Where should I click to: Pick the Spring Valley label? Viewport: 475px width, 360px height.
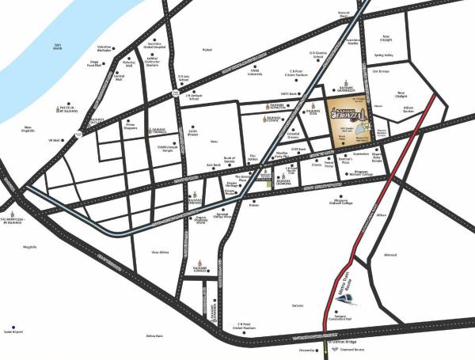click(385, 55)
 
